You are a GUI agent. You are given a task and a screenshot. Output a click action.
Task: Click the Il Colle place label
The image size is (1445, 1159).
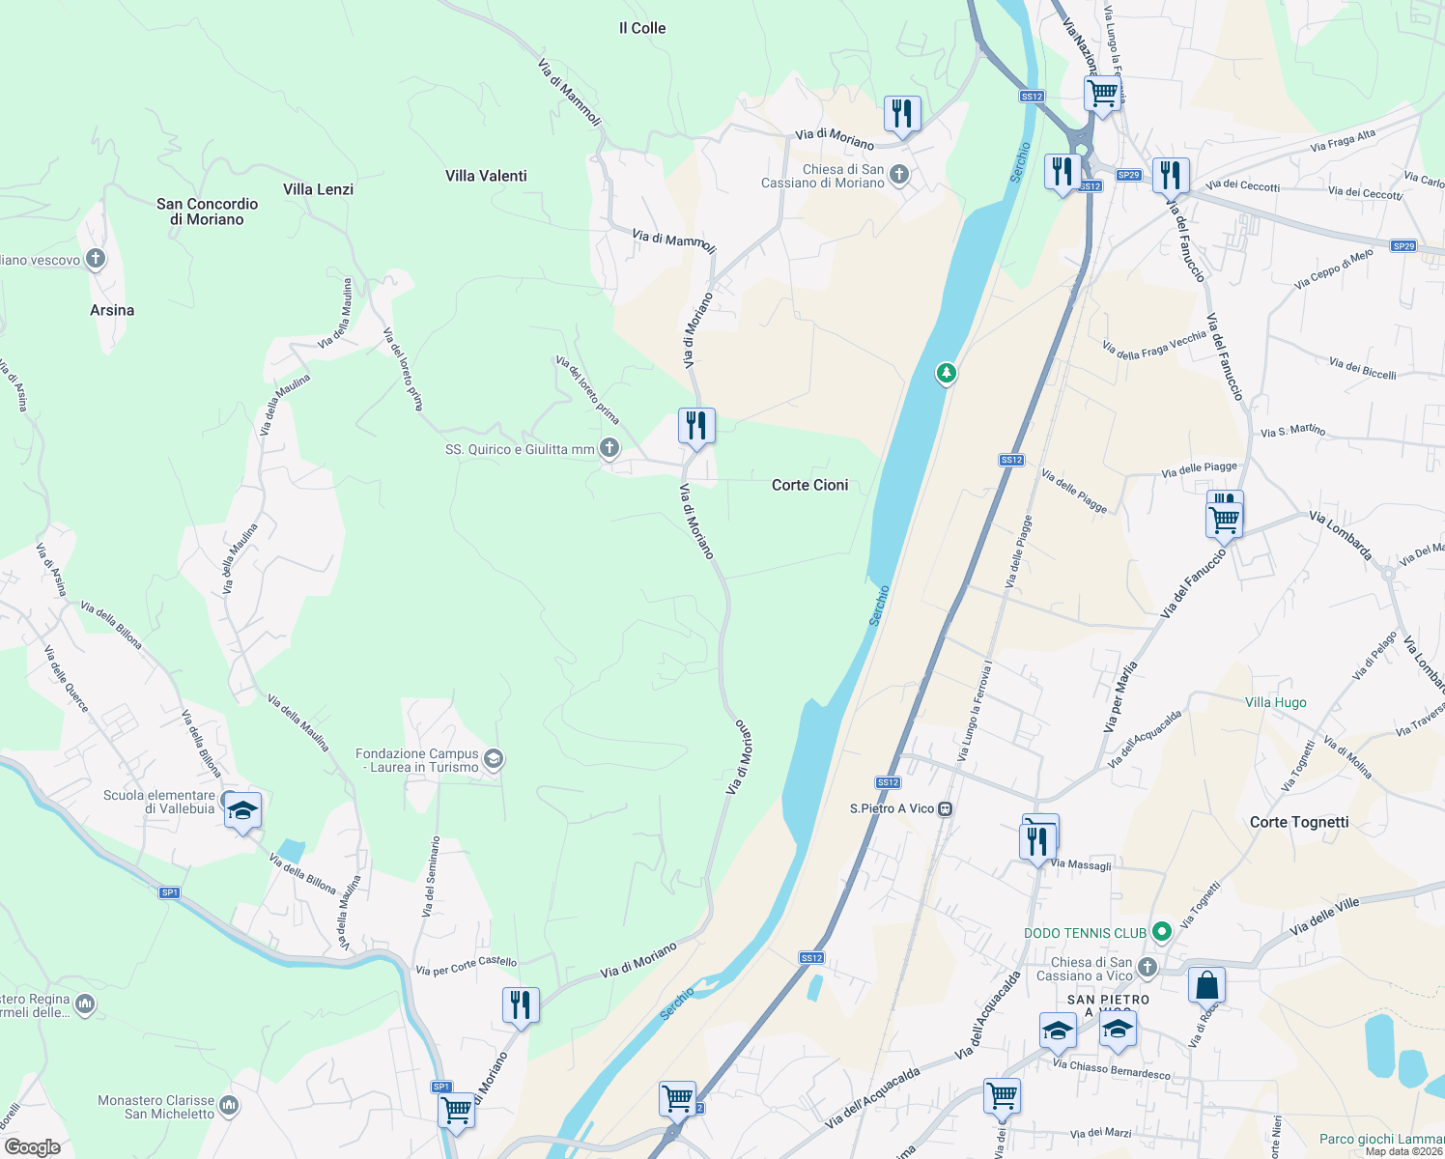pos(642,28)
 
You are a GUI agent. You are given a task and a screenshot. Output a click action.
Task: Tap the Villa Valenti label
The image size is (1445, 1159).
pos(486,176)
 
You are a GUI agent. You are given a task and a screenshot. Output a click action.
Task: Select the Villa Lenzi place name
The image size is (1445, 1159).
pos(318,189)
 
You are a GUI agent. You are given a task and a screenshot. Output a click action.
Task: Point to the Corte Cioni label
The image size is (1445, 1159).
pos(809,485)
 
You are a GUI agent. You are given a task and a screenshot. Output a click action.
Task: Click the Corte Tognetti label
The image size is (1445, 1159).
pos(1299,822)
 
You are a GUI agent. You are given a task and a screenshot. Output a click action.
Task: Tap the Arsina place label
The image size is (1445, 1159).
pos(112,310)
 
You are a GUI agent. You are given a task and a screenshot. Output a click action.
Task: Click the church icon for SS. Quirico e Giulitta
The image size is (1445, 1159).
pos(609,447)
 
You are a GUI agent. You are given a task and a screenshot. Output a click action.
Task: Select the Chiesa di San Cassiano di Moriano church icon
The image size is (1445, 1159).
pos(899,175)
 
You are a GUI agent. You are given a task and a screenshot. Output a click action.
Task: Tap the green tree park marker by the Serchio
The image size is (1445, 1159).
pos(947,373)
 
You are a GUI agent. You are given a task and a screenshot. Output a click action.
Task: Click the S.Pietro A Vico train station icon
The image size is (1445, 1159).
pos(946,809)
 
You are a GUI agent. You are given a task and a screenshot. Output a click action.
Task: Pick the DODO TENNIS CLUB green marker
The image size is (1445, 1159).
pos(1162,932)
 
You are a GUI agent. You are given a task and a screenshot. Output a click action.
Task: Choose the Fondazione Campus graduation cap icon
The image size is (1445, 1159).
pos(494,759)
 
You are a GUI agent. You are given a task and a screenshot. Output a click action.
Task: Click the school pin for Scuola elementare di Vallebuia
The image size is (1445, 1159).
pos(241,810)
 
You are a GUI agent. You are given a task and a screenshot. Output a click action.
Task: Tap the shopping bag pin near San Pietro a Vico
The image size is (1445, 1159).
pos(1206,985)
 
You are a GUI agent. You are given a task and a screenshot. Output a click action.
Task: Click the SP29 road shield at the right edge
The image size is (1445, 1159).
pos(1403,246)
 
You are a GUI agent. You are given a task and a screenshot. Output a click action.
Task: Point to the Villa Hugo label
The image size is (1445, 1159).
pos(1275,702)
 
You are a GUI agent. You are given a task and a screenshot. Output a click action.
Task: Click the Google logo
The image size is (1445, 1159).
pos(33,1147)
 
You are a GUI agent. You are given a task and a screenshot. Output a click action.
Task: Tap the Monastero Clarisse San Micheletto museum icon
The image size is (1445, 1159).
pos(229,1104)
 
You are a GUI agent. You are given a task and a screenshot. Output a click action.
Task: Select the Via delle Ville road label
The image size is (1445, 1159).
pos(1324,915)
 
